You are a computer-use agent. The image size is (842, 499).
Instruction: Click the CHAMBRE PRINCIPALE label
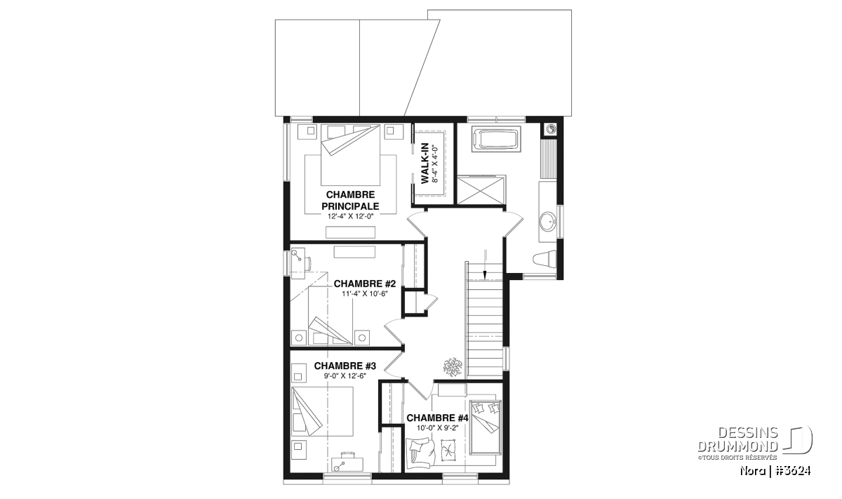coord(350,201)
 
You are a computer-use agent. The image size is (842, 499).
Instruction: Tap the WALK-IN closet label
coord(425,164)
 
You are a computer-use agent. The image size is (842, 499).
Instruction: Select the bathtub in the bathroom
coord(496,140)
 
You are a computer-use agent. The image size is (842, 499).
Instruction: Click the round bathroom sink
coord(548,222)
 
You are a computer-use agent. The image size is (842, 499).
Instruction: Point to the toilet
coord(544,259)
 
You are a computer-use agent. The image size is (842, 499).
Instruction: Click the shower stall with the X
coord(481,190)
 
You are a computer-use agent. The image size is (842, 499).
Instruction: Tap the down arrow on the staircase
coord(485,265)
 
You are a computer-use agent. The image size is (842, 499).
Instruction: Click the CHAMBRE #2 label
coord(365,284)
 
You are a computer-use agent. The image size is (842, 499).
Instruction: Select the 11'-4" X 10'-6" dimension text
coord(364,293)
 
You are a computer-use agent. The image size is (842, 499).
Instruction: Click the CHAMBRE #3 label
coord(345,366)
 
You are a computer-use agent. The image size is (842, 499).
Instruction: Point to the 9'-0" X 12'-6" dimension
coord(345,375)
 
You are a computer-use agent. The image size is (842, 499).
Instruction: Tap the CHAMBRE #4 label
coord(437,418)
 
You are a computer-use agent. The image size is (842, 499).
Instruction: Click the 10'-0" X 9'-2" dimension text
coord(438,427)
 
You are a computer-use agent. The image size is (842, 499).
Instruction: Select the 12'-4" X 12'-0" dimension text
coord(350,216)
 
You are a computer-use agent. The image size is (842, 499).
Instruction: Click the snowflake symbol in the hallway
coord(453,366)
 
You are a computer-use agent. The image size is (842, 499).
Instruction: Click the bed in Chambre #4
coord(486,427)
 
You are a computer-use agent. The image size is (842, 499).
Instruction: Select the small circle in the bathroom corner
coord(550,129)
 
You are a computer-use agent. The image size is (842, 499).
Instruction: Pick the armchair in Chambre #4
coord(420,454)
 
